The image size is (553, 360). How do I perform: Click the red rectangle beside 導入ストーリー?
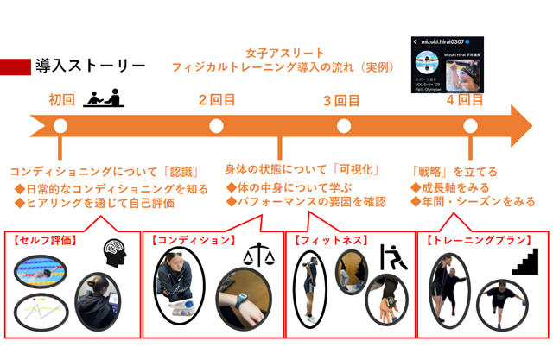point(16,66)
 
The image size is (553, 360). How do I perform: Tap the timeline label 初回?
point(61,99)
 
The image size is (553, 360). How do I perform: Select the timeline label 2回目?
point(216,99)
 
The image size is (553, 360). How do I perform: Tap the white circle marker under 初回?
point(60,126)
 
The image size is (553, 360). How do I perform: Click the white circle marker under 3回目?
point(343,126)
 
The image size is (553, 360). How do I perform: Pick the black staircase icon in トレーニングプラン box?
point(524,262)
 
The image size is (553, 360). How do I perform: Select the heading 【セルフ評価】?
point(42,239)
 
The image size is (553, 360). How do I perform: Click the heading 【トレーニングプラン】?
point(468,239)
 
